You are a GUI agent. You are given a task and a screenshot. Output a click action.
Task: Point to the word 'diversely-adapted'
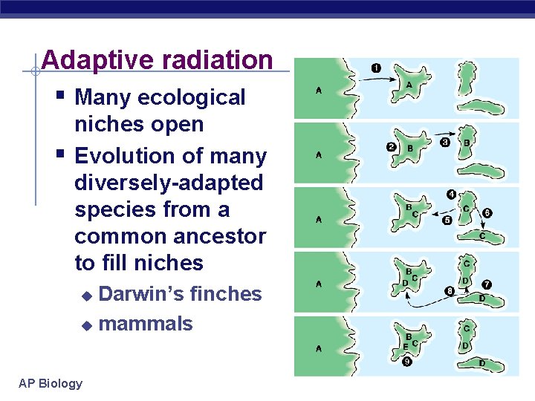tap(169, 183)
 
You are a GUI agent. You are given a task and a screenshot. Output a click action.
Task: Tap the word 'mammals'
tap(146, 324)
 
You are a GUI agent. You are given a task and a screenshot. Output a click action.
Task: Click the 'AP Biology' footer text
tap(51, 383)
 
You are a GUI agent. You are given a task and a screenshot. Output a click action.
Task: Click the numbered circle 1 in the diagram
tap(376, 69)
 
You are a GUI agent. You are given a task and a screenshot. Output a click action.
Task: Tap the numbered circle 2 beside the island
tap(391, 146)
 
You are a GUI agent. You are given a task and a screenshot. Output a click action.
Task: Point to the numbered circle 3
tap(444, 142)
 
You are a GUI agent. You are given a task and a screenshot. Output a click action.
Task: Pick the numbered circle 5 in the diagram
tap(447, 221)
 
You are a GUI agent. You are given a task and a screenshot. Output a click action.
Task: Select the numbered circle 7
tap(487, 284)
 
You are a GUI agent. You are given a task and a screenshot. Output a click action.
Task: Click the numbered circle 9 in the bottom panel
tap(407, 362)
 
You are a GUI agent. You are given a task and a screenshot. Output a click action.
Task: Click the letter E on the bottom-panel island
tap(405, 346)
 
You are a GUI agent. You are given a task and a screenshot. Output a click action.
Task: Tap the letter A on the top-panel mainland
tap(319, 91)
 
